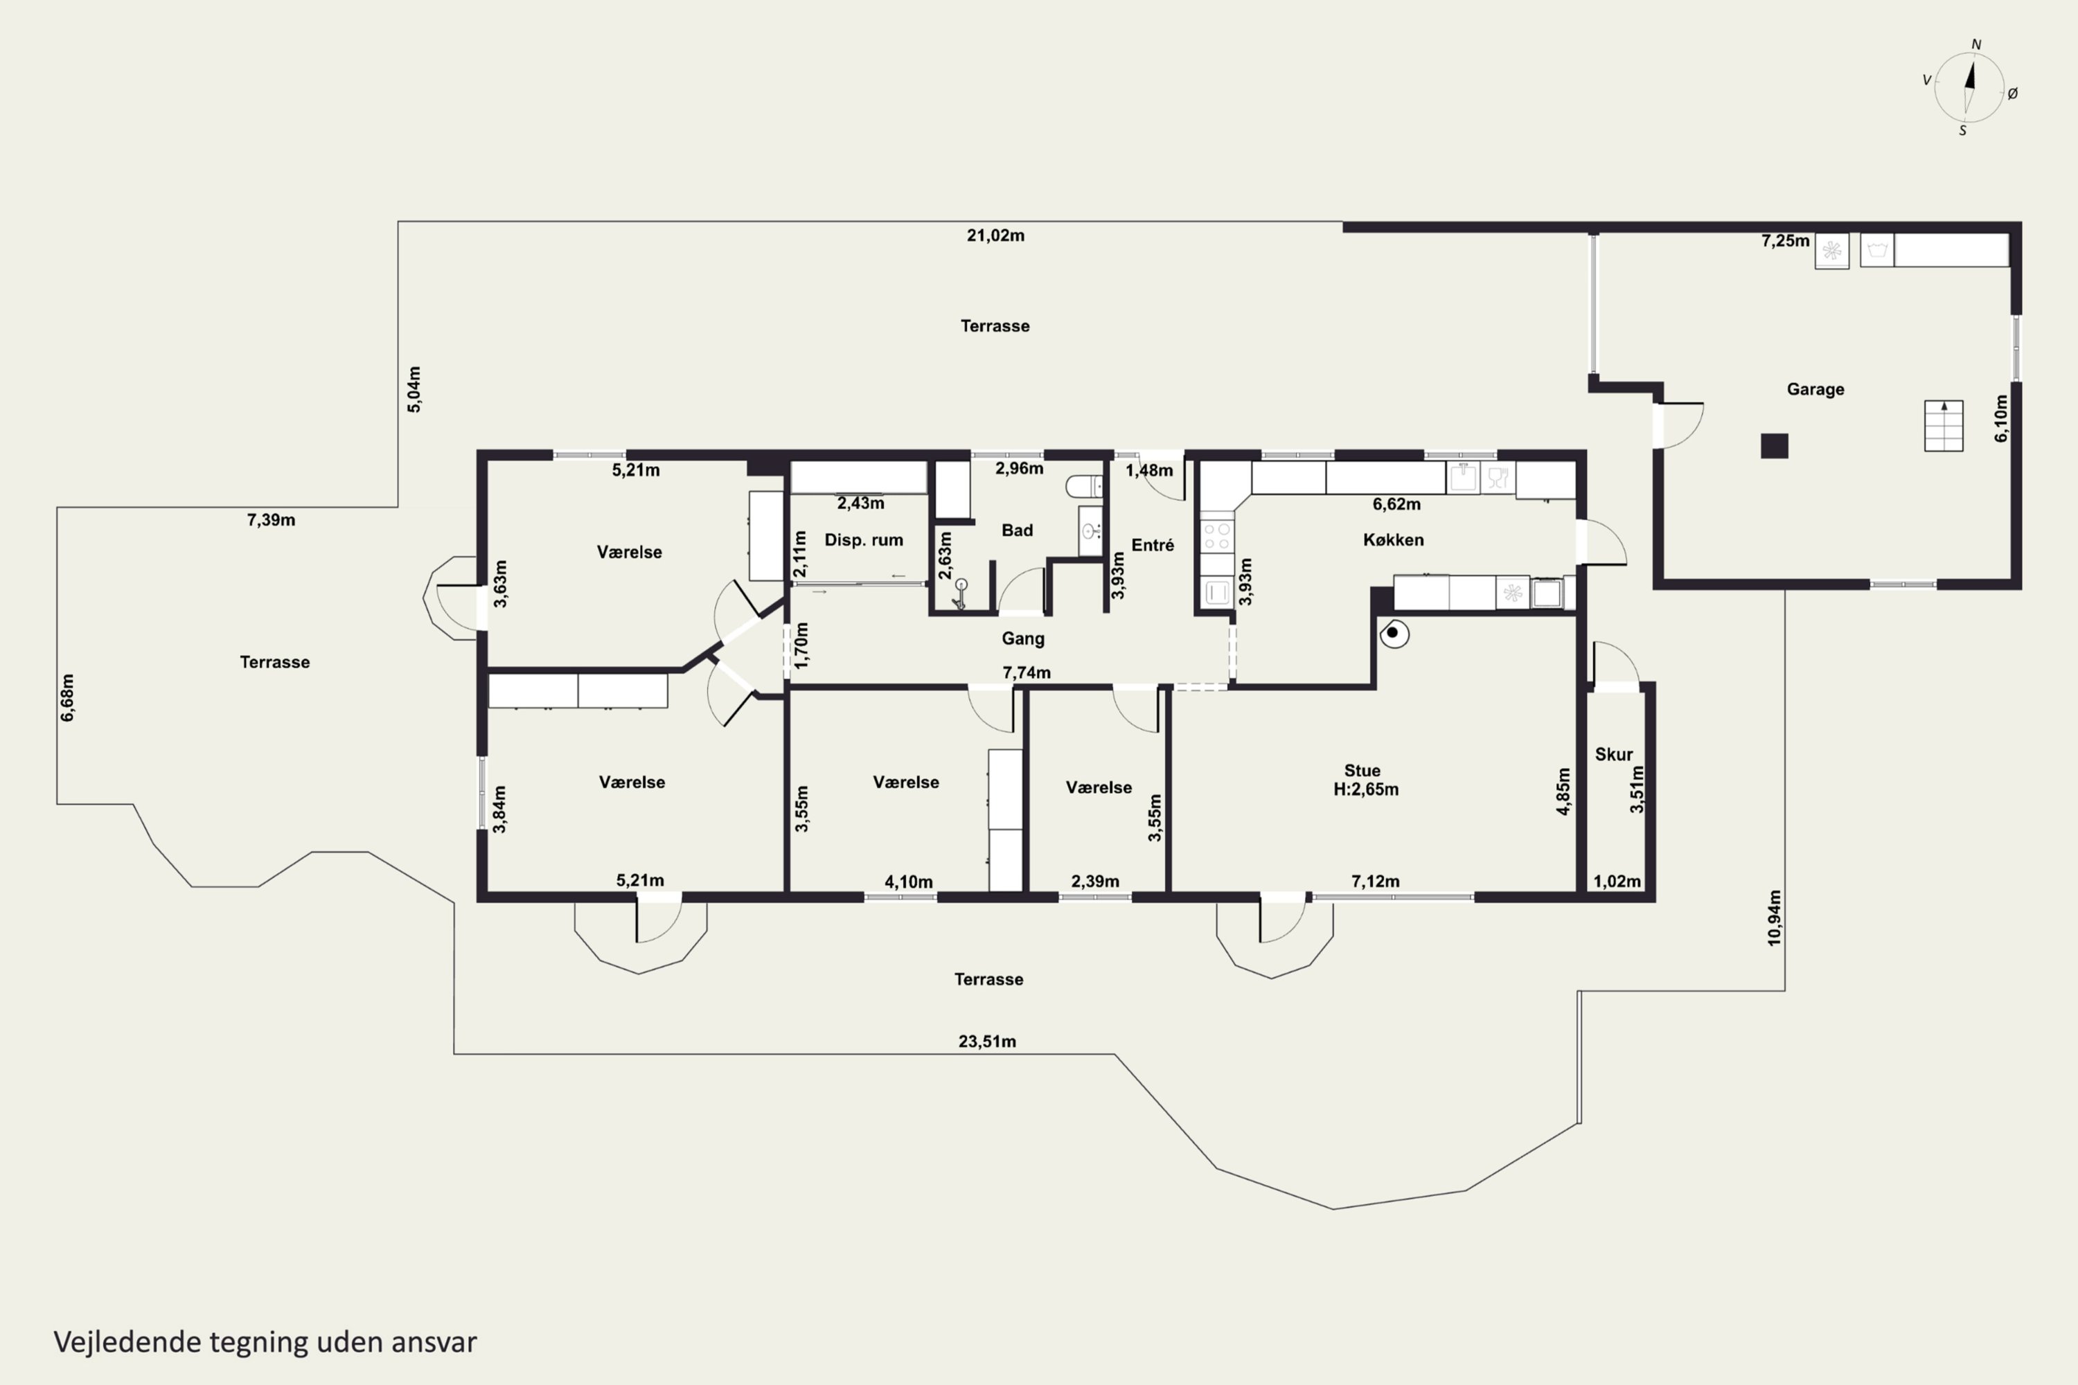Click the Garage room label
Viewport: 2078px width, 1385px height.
click(1815, 389)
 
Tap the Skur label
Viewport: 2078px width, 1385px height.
click(1613, 754)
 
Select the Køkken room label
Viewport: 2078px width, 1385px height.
click(1393, 539)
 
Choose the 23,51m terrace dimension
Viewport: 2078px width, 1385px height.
click(987, 1042)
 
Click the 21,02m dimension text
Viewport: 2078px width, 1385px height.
click(996, 235)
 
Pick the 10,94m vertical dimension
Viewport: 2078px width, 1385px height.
click(1775, 918)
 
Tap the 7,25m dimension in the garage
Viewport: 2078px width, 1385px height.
click(1786, 241)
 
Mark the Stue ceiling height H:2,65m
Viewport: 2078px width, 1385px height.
click(1366, 789)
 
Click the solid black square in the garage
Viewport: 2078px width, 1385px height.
click(1774, 445)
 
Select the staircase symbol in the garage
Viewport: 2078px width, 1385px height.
click(1944, 426)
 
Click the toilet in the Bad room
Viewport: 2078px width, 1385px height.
click(1084, 486)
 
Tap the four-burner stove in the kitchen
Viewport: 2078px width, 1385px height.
click(1216, 535)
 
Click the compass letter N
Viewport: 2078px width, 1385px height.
click(1976, 44)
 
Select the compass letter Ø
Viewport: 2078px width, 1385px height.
click(2013, 93)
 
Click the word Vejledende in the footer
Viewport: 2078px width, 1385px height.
click(127, 1342)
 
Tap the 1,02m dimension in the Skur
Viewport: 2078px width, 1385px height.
click(1617, 882)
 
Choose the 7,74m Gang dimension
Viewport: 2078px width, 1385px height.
click(1027, 673)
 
